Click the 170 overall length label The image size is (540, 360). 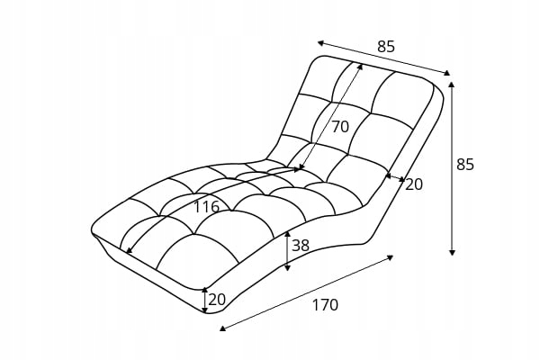click(325, 305)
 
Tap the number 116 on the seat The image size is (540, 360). click(206, 207)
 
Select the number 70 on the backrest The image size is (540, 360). click(339, 127)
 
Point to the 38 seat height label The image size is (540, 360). click(301, 245)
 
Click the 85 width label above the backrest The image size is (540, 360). click(386, 47)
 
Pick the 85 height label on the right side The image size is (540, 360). click(465, 165)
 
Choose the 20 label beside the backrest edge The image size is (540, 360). click(414, 184)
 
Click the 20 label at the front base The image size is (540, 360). click(217, 300)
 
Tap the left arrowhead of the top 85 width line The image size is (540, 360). click(319, 41)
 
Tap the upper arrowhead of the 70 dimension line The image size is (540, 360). click(361, 65)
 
